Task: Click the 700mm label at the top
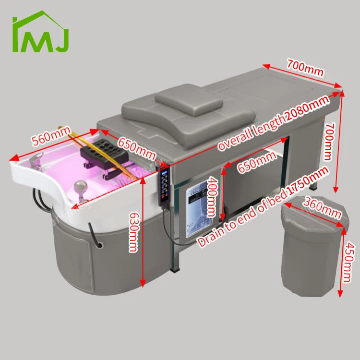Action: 305,66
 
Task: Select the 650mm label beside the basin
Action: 136,149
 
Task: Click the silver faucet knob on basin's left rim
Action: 36,161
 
